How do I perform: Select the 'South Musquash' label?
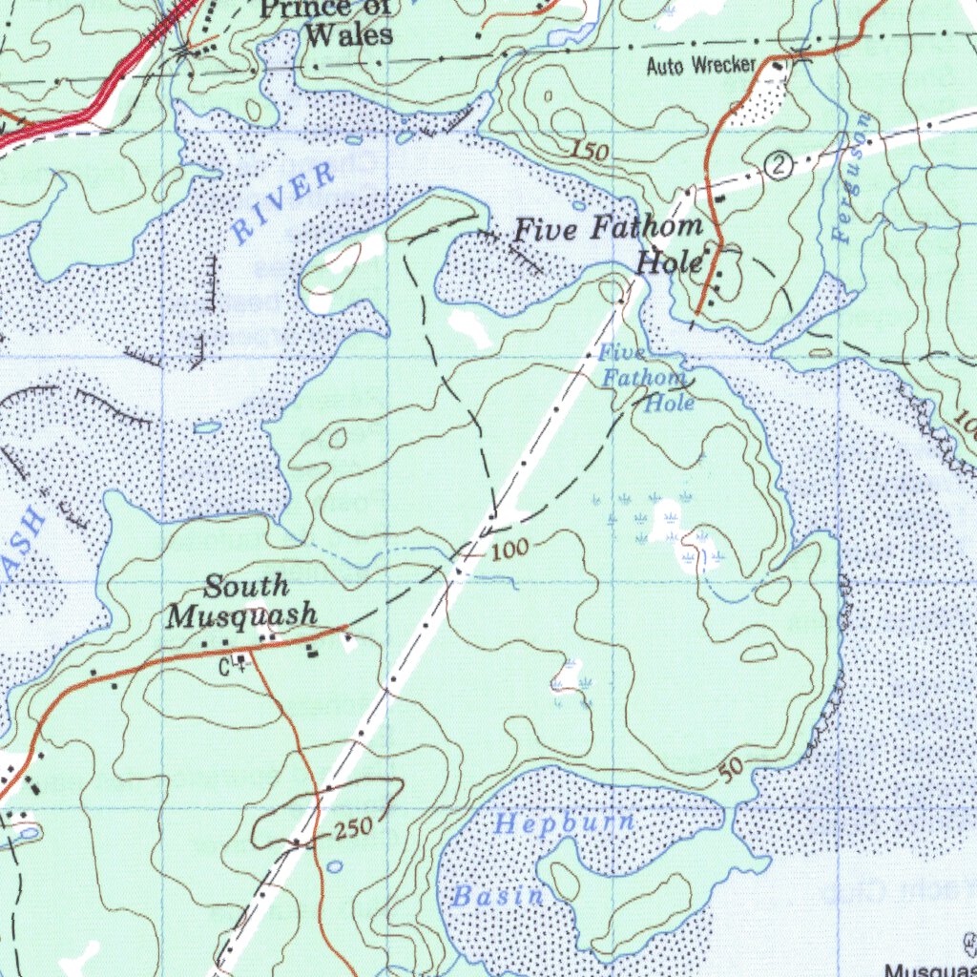point(242,601)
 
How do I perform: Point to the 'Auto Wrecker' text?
point(700,66)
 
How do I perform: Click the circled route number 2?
point(780,167)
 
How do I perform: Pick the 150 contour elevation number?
point(591,149)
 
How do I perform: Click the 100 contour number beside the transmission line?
point(511,551)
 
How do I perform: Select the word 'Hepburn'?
point(565,823)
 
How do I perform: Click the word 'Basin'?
point(498,896)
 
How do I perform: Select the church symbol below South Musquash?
point(241,658)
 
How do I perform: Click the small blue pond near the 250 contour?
point(334,866)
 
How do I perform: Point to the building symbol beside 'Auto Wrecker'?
point(778,66)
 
